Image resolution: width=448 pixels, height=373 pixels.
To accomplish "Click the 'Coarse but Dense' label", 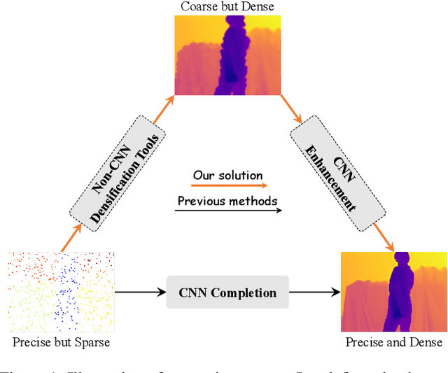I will (228, 7).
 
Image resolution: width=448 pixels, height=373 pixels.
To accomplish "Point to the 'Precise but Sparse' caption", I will (61, 342).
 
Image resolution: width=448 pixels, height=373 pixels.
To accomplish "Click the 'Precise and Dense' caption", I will (394, 342).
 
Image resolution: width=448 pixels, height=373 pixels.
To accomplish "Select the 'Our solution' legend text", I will (228, 175).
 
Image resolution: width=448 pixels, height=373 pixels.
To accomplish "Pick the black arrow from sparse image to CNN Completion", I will (140, 293).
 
